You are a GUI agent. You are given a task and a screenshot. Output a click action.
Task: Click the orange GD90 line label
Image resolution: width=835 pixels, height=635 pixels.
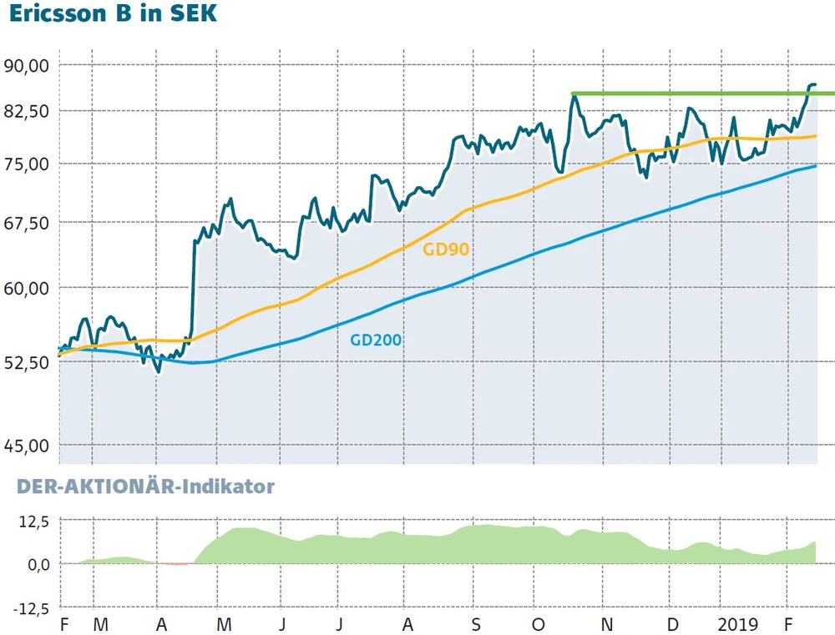(446, 249)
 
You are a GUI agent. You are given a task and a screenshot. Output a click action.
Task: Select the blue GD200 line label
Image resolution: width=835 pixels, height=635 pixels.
(376, 340)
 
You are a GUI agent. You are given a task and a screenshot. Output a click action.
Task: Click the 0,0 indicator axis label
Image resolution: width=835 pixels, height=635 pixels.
(37, 564)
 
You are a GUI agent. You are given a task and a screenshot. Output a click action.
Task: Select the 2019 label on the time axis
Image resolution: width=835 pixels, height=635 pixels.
(736, 624)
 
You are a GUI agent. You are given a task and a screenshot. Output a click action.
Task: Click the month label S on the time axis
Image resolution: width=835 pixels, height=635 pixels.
(474, 624)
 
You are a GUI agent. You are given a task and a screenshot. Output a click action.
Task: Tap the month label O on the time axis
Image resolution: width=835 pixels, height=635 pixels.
(539, 624)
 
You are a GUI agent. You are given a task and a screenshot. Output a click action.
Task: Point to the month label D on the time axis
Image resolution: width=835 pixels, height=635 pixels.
(672, 624)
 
